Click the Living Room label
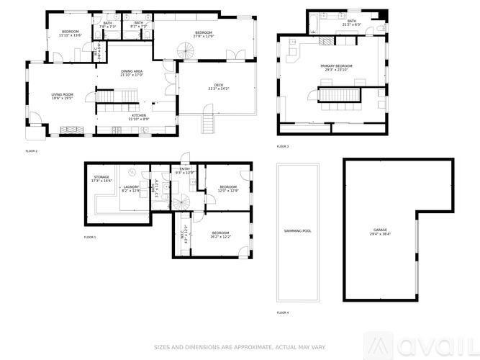(63, 96)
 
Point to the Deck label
(219, 87)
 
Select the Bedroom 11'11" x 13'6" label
(70, 32)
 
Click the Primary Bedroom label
(337, 68)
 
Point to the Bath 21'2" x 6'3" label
(352, 23)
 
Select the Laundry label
(130, 189)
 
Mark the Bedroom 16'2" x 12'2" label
(220, 234)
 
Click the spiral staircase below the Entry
(183, 202)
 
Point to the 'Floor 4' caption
(283, 313)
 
